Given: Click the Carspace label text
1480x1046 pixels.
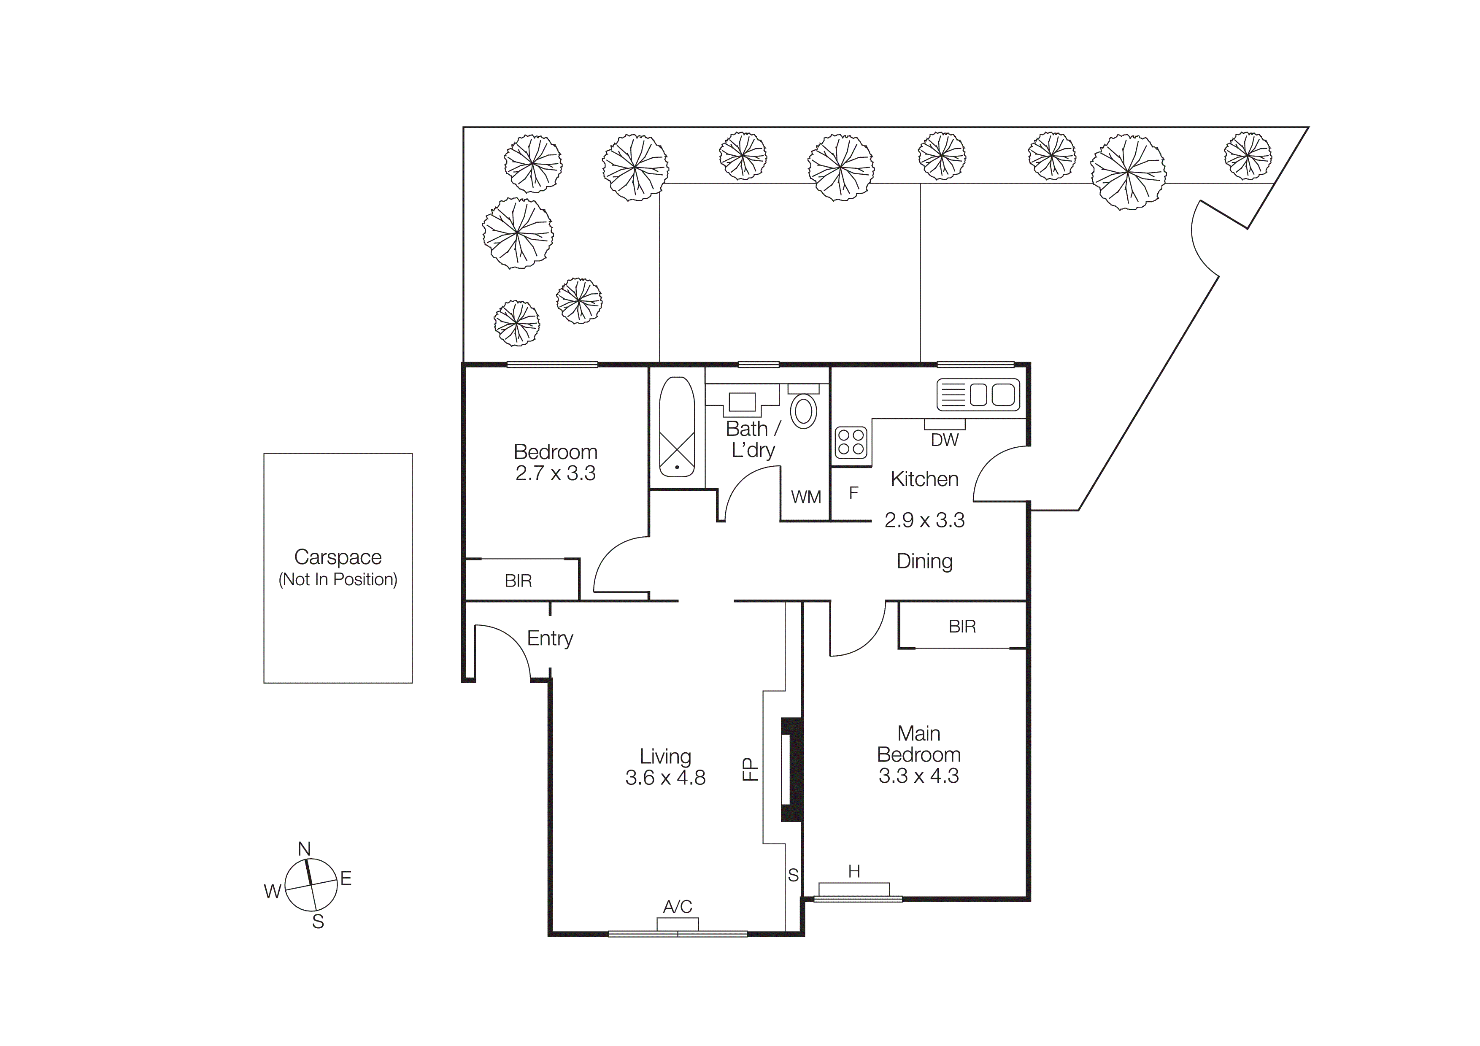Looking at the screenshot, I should (338, 557).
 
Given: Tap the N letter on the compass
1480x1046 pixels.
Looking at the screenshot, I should (304, 849).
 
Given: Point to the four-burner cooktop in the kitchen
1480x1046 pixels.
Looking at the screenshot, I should (851, 443).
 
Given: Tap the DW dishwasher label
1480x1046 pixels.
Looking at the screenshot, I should (944, 440).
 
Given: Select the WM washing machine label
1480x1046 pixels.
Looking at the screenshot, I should (806, 497).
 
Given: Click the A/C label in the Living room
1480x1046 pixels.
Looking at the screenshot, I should (678, 907).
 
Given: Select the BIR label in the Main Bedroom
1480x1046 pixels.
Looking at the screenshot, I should (962, 627).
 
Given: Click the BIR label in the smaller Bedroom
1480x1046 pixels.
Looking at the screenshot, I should (518, 581).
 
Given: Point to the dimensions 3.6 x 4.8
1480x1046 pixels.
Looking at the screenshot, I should (665, 778).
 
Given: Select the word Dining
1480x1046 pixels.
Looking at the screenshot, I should (924, 561).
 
